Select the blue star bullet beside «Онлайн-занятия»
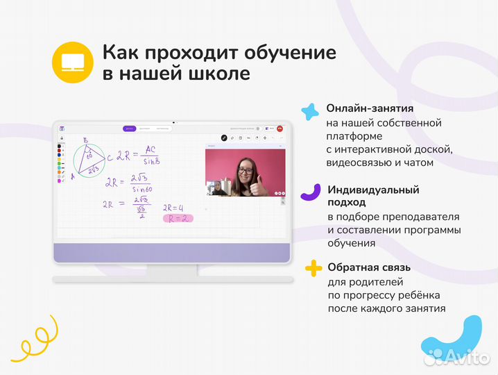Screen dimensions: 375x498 point(309,111)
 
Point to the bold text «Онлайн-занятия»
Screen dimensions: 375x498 point(370,108)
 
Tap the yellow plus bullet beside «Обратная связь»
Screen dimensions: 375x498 point(314,268)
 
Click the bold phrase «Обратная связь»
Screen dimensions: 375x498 point(369,267)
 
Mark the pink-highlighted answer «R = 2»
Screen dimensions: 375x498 point(176,218)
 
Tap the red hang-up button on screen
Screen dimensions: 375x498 point(280,128)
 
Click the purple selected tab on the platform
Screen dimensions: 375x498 point(129,128)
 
